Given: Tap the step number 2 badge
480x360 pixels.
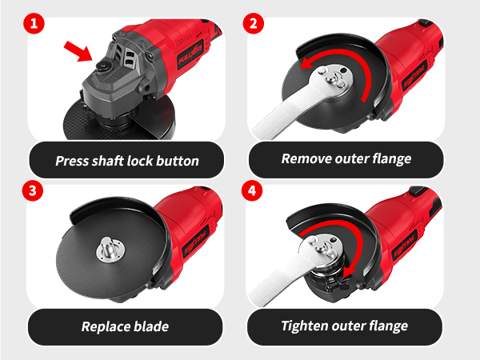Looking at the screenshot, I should (x=253, y=22).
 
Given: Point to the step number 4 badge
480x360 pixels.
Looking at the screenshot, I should (x=253, y=192).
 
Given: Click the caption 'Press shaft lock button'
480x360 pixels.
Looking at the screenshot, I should (x=127, y=160).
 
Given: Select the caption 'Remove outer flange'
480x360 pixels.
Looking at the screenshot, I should (x=346, y=158).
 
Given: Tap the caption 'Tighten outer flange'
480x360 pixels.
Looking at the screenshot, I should (x=345, y=326).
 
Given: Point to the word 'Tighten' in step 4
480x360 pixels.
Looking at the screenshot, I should (x=306, y=326).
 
